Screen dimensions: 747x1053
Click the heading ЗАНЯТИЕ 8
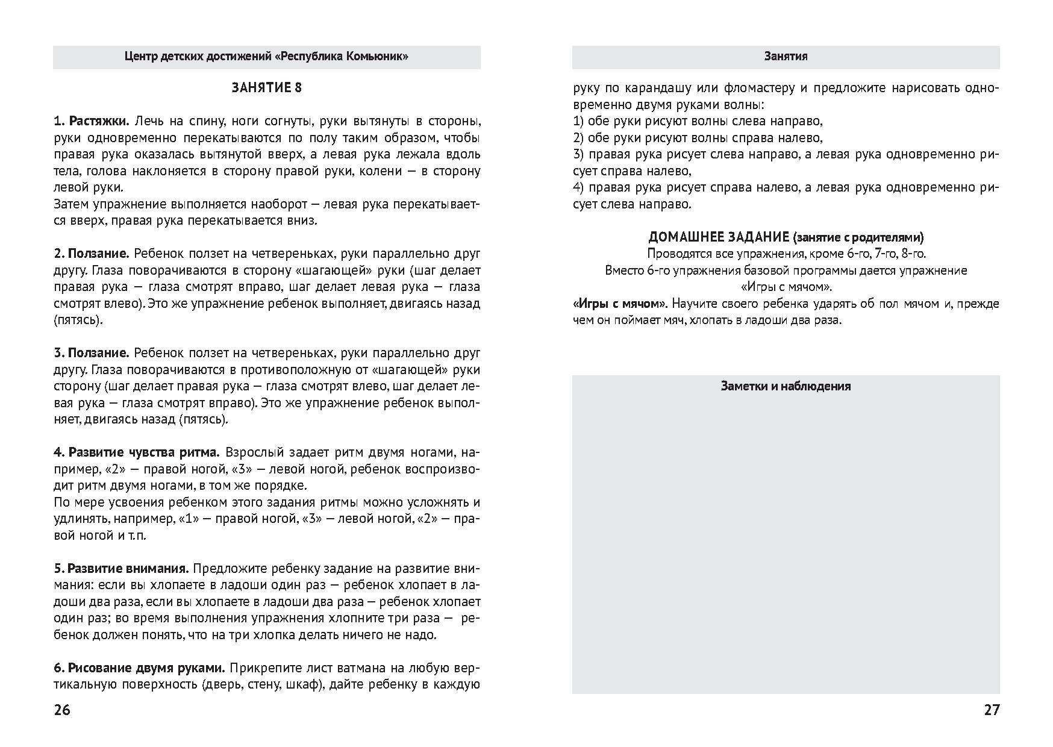pos(266,88)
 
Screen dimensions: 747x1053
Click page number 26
pos(62,710)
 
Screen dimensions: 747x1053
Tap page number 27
pos(992,710)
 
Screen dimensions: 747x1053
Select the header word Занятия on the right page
pos(786,57)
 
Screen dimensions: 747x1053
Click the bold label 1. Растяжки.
pos(93,121)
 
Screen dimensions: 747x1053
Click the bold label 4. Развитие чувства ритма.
pos(137,452)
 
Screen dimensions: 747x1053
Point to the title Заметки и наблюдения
pos(786,386)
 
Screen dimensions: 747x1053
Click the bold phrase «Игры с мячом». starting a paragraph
pos(620,304)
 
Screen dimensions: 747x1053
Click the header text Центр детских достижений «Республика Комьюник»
pos(266,57)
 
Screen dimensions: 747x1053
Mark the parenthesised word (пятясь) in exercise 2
pos(78,320)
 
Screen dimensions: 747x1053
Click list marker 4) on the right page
pos(579,187)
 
